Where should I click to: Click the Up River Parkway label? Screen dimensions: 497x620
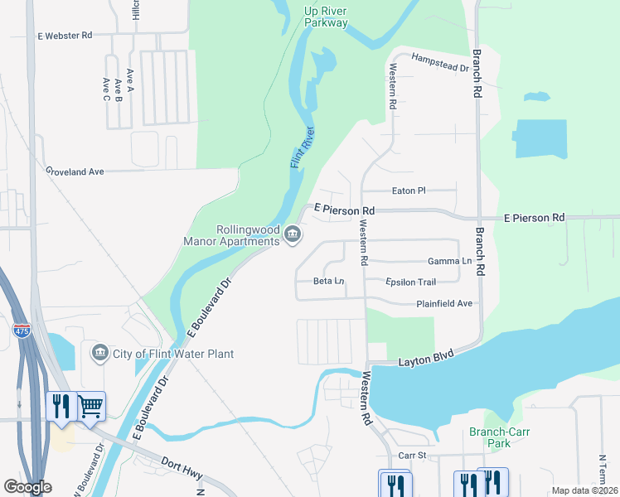pos(326,17)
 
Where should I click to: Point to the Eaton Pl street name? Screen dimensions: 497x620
pos(408,191)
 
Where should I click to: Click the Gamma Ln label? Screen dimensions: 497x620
pos(449,261)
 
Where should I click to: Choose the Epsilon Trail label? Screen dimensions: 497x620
pos(410,282)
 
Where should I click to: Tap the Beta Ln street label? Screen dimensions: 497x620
pos(328,282)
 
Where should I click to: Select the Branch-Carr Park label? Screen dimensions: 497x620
pos(499,437)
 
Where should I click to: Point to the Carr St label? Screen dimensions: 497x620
pos(411,456)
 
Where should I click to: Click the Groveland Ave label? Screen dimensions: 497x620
pos(75,171)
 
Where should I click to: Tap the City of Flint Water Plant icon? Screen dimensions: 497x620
pos(100,354)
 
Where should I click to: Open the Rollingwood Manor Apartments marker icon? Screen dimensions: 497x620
pos(292,236)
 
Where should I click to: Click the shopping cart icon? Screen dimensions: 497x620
pos(91,406)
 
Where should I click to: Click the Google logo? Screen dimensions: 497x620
pos(27,487)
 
